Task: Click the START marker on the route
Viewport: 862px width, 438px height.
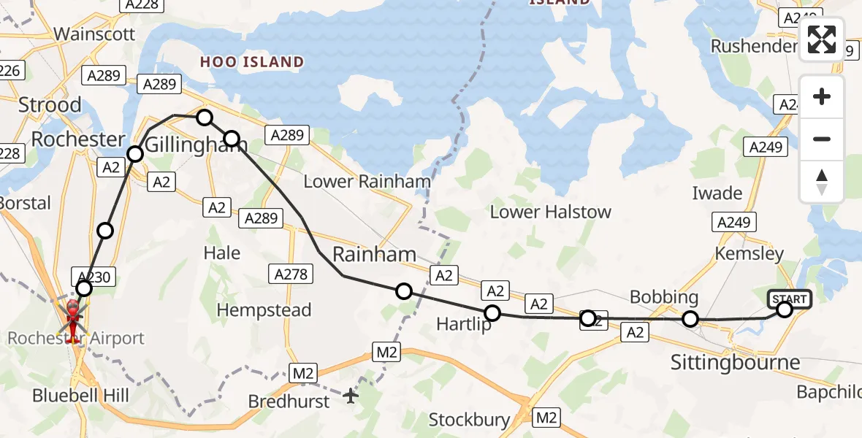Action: click(789, 299)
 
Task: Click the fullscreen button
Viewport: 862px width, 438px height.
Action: click(822, 39)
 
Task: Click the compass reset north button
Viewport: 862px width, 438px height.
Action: click(822, 182)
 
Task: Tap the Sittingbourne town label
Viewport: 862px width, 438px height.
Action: click(735, 363)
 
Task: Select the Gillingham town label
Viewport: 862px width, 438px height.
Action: click(187, 145)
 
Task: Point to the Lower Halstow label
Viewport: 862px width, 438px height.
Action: click(550, 212)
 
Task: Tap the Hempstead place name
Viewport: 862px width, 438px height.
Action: click(264, 310)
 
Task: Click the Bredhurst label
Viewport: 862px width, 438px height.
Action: click(285, 401)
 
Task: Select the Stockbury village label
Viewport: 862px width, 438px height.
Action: click(469, 420)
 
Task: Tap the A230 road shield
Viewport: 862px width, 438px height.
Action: click(91, 276)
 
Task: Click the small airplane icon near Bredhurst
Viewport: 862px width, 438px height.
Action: click(351, 396)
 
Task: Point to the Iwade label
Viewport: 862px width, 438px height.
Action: click(717, 193)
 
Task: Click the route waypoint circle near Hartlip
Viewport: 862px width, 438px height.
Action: click(492, 313)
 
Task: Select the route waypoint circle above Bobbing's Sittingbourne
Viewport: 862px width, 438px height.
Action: click(690, 319)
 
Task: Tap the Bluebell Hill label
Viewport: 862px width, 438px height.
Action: click(80, 396)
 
